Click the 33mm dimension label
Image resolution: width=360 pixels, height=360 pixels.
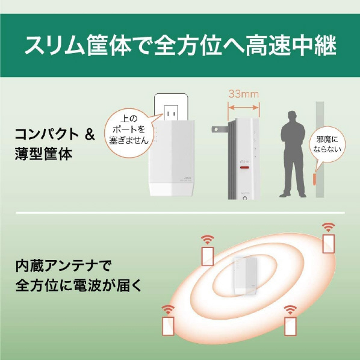tap(244, 94)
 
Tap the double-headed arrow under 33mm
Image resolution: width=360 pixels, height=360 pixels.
tap(244, 107)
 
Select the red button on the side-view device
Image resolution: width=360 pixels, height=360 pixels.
tap(244, 167)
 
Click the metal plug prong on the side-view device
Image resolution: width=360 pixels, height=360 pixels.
tap(220, 129)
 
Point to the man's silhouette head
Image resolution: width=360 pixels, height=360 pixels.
tap(292, 116)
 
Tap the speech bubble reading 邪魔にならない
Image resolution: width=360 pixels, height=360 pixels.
tap(327, 144)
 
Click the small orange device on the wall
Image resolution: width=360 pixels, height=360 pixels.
tap(314, 179)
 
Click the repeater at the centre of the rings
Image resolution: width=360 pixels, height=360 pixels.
tap(245, 276)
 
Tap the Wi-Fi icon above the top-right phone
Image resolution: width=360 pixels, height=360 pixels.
tap(328, 227)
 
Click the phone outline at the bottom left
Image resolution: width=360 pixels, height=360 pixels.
tap(168, 326)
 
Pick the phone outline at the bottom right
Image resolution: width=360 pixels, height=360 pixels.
tap(290, 326)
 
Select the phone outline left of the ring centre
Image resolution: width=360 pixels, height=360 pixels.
tap(208, 256)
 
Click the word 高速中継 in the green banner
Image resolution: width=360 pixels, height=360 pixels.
tap(291, 45)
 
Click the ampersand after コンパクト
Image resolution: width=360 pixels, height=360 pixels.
tap(90, 134)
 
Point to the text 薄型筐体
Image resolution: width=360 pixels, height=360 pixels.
tap(43, 154)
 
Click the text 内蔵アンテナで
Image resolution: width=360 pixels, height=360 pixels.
tap(63, 266)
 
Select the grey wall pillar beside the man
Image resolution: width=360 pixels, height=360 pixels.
tap(320, 149)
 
